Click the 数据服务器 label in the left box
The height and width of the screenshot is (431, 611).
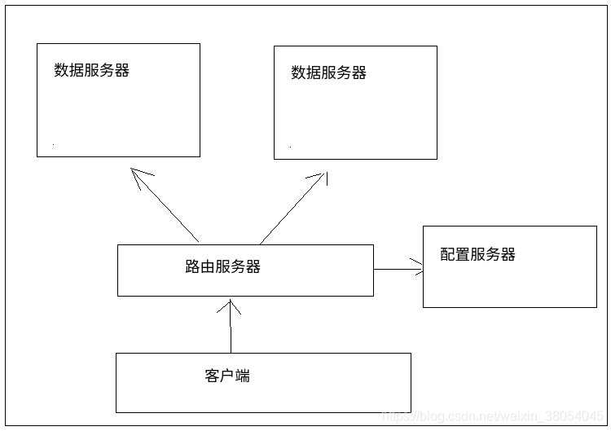tap(91, 70)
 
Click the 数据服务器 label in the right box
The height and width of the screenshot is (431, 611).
tap(328, 73)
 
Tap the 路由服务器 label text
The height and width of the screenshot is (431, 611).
tap(222, 266)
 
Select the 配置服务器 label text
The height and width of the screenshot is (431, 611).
tap(477, 254)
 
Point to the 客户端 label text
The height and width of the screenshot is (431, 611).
tap(227, 376)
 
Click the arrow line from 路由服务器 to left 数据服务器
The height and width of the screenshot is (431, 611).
tap(167, 207)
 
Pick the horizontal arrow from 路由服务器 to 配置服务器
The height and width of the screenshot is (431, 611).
tap(397, 269)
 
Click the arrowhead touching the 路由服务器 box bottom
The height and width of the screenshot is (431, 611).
tap(231, 306)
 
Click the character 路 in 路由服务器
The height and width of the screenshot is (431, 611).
tap(192, 266)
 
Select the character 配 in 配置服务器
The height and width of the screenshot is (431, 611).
tap(447, 254)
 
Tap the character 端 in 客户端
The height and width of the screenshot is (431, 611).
tap(242, 376)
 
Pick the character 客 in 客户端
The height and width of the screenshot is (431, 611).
tap(212, 376)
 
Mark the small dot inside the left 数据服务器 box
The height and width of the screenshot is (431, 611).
tap(54, 145)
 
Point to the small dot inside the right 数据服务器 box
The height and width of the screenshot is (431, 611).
tap(290, 147)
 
